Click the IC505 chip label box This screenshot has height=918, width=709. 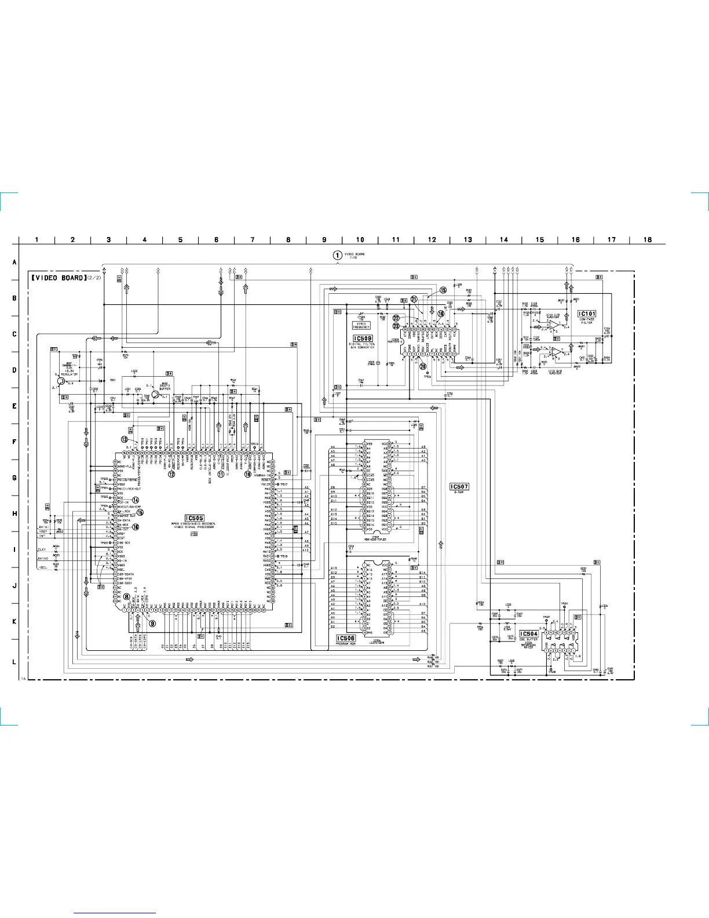pos(195,518)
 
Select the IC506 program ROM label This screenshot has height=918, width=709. pos(346,638)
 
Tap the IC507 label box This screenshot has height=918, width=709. pos(459,487)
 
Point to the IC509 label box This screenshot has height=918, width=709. pos(363,338)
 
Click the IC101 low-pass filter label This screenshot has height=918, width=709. pos(587,314)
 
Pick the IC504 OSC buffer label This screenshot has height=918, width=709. pos(529,634)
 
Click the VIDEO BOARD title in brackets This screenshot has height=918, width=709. pos(59,278)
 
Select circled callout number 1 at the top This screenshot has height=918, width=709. pos(337,255)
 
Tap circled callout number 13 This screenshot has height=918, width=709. pos(125,439)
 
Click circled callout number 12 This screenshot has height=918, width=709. pos(171,474)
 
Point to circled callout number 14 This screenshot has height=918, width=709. pos(136,500)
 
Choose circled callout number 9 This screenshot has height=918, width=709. pos(153,624)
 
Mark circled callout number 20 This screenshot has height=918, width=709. pos(423,366)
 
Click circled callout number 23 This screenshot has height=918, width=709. pos(396,326)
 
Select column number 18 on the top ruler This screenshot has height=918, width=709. pos(648,239)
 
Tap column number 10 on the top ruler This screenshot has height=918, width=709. pos(360,239)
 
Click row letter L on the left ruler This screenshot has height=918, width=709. pos(14,661)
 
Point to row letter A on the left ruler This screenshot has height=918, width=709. pos(14,263)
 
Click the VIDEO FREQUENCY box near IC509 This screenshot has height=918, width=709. pos(361,326)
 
